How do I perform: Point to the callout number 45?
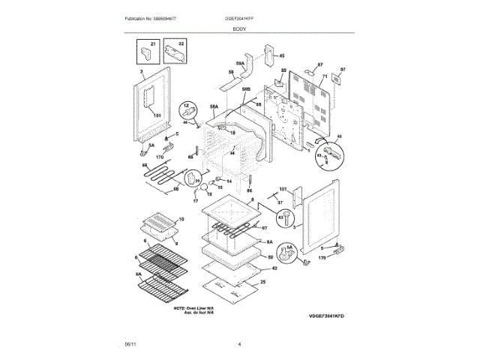(x=282, y=55)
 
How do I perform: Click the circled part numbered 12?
(x=190, y=112)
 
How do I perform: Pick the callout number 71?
(x=325, y=76)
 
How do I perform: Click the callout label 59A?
(x=241, y=64)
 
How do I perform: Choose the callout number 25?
(x=263, y=282)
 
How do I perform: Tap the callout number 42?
(x=274, y=268)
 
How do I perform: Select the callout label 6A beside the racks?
(x=138, y=275)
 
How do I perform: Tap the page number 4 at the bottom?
(x=239, y=344)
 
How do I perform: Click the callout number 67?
(x=264, y=228)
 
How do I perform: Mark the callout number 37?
(x=279, y=202)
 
